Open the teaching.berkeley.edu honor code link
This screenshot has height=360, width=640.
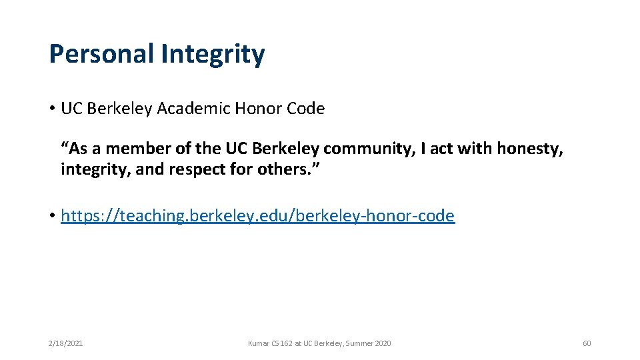[x=257, y=216]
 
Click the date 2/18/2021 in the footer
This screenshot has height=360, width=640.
[x=65, y=343]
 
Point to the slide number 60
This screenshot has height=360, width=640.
[x=587, y=343]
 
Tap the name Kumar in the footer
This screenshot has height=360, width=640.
[x=257, y=343]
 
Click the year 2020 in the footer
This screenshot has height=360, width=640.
[x=383, y=343]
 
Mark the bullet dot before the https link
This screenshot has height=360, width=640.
[x=52, y=217]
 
